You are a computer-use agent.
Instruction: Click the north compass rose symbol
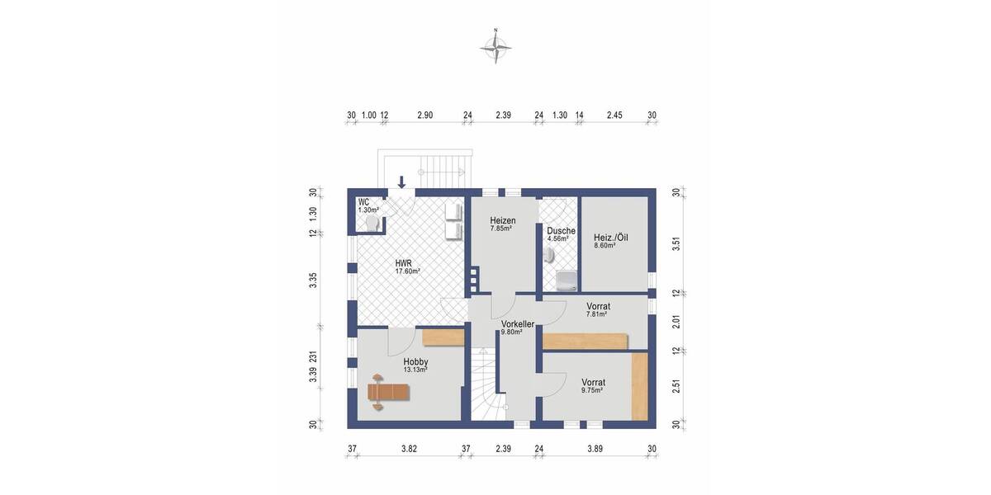click(495, 49)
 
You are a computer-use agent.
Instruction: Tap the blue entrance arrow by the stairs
click(402, 181)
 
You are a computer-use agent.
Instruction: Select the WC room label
click(363, 202)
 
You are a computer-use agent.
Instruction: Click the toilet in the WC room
click(372, 224)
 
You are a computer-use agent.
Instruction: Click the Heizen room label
click(502, 220)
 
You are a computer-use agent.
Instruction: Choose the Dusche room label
click(561, 231)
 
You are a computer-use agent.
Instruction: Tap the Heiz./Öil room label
click(610, 237)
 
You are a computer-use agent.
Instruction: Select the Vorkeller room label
click(517, 324)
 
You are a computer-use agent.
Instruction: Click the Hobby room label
click(415, 361)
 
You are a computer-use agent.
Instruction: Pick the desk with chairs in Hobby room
click(389, 391)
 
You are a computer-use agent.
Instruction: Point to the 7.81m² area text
click(596, 314)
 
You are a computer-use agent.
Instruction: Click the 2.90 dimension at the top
click(424, 115)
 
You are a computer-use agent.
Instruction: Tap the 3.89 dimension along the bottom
click(595, 449)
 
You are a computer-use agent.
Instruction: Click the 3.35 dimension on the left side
click(313, 280)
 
